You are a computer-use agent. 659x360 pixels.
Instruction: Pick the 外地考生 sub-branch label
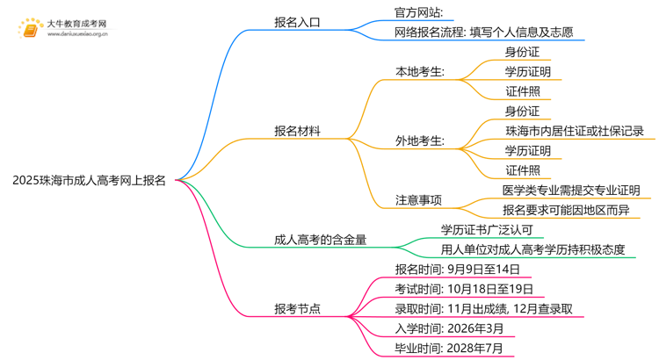click(420, 140)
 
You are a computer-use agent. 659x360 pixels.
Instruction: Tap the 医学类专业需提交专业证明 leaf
click(571, 190)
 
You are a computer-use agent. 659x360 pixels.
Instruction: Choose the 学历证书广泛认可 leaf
click(487, 229)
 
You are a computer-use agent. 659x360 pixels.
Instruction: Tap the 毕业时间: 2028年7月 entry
click(449, 349)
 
